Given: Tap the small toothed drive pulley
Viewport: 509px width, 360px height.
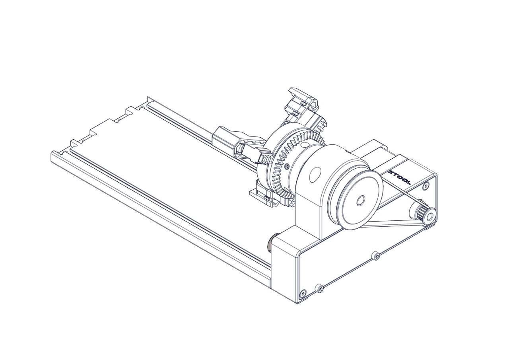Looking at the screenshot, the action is (x=424, y=214).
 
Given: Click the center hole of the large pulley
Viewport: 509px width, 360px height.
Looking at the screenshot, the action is (x=360, y=200).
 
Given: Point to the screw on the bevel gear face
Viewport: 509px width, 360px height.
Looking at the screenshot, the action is (x=287, y=167).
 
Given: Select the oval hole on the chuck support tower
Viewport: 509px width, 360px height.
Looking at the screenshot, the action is (x=315, y=175).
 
